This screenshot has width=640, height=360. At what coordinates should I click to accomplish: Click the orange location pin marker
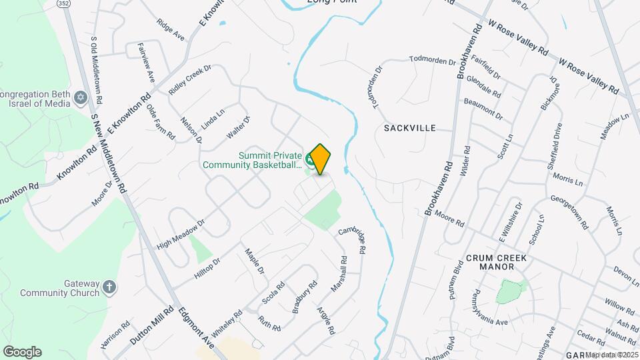(x=320, y=159)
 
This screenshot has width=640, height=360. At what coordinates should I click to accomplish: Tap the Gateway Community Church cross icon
(x=110, y=288)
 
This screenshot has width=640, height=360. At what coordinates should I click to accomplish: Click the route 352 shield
(x=64, y=3)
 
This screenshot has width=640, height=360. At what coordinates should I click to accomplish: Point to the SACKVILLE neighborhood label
(x=410, y=127)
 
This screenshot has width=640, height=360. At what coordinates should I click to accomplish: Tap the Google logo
(x=22, y=352)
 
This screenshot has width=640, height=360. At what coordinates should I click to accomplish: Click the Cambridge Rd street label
(x=353, y=241)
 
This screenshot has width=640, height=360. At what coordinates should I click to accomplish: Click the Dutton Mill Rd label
(x=152, y=325)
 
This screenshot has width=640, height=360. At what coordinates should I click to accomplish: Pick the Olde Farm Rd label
(x=161, y=123)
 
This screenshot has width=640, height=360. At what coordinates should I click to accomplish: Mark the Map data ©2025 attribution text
(x=611, y=355)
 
